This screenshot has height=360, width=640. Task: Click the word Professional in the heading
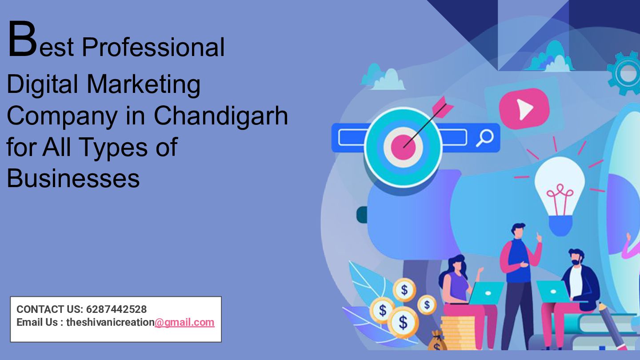[153, 47]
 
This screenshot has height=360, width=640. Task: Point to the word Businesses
[73, 178]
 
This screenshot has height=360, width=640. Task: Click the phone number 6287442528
[116, 309]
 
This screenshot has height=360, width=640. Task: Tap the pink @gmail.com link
[184, 323]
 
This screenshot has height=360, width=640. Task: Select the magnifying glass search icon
[484, 138]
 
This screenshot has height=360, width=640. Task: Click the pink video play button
[524, 109]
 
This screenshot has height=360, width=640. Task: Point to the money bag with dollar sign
[438, 341]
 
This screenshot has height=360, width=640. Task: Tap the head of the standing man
[518, 230]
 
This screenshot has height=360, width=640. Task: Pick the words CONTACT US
[49, 309]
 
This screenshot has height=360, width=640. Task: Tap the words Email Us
[36, 323]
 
